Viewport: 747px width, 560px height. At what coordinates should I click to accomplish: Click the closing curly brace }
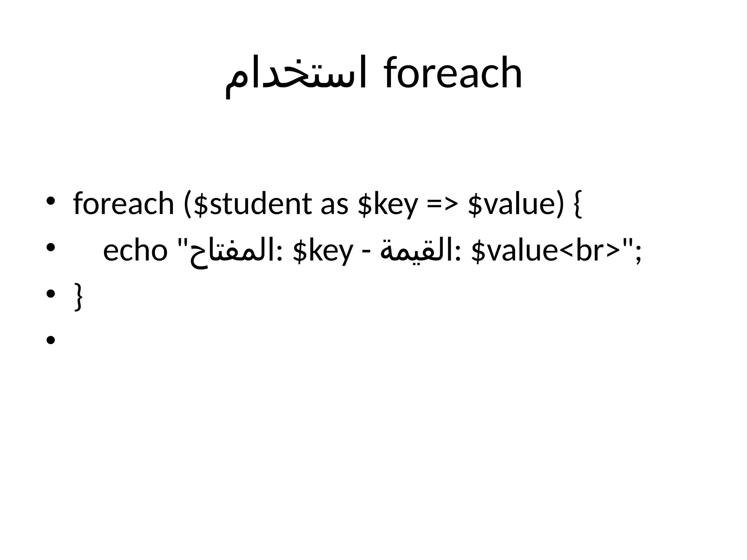78,296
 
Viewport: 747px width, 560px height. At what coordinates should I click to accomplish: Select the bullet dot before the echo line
51,248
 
